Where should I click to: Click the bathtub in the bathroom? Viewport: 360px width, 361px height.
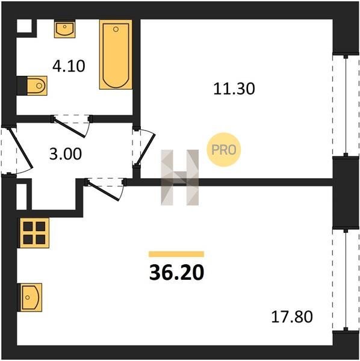click(x=116, y=54)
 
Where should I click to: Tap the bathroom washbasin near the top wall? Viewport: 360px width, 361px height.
click(x=65, y=29)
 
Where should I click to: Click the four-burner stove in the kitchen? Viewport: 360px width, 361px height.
click(x=34, y=233)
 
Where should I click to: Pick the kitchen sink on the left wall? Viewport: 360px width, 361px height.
click(x=30, y=297)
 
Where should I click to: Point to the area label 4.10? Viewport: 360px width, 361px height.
click(x=69, y=66)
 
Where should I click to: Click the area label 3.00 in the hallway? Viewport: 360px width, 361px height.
click(x=66, y=154)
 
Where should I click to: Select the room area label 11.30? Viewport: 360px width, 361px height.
click(x=234, y=89)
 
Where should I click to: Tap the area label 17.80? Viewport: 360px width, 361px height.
click(x=292, y=316)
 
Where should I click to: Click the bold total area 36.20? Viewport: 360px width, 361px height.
click(x=176, y=272)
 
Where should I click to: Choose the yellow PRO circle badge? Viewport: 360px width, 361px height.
click(x=224, y=150)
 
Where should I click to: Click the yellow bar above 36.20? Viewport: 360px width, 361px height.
click(x=176, y=254)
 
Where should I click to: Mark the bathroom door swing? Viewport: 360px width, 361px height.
click(x=72, y=126)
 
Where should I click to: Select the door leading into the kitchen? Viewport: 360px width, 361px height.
click(x=105, y=189)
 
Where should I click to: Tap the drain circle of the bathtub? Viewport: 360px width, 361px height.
click(x=116, y=29)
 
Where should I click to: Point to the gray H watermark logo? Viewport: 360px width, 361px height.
click(x=179, y=177)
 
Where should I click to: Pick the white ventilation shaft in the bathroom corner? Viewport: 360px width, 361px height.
click(x=24, y=26)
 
